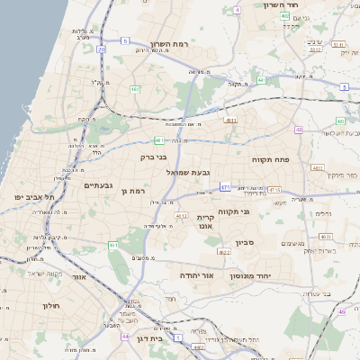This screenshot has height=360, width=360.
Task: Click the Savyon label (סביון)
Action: click(x=247, y=243)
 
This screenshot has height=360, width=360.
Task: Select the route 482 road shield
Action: click(x=135, y=89)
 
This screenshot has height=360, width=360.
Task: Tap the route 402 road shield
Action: click(x=283, y=15)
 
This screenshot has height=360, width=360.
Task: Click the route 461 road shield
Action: click(x=113, y=245)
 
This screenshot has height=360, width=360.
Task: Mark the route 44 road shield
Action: click(x=122, y=335)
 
